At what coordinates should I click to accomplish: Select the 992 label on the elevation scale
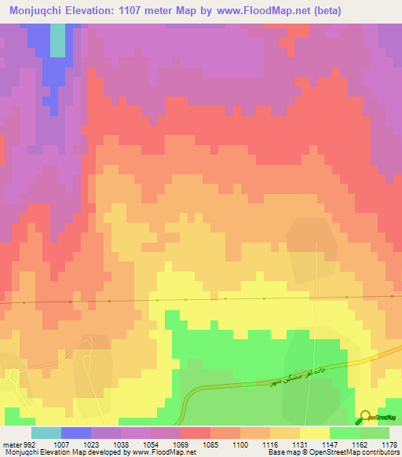point(31,444)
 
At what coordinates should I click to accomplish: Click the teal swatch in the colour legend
point(46,433)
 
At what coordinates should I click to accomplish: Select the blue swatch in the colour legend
point(76,433)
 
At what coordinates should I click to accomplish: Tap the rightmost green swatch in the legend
point(375,433)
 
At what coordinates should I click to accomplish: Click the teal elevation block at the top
point(57,39)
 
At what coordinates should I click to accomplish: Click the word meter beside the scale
point(10,444)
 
